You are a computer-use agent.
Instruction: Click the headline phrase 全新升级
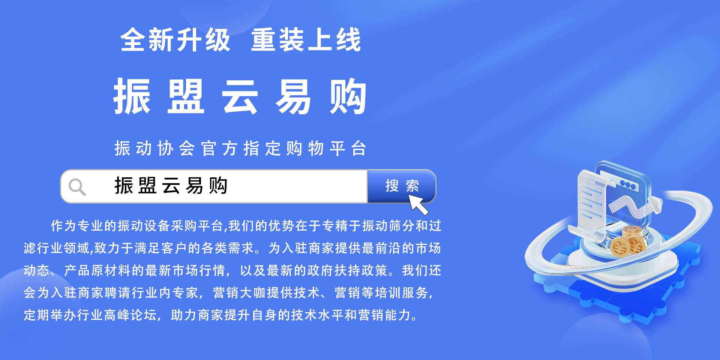175,40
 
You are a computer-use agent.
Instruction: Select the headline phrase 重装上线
306,40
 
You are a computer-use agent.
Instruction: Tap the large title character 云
240,97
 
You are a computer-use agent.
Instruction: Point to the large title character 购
348,97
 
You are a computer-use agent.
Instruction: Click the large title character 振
132,97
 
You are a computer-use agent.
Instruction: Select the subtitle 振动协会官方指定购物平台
240,148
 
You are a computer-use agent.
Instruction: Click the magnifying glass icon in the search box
77,187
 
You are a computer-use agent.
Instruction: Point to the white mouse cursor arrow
418,205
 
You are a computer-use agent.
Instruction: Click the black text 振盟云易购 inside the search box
171,186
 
